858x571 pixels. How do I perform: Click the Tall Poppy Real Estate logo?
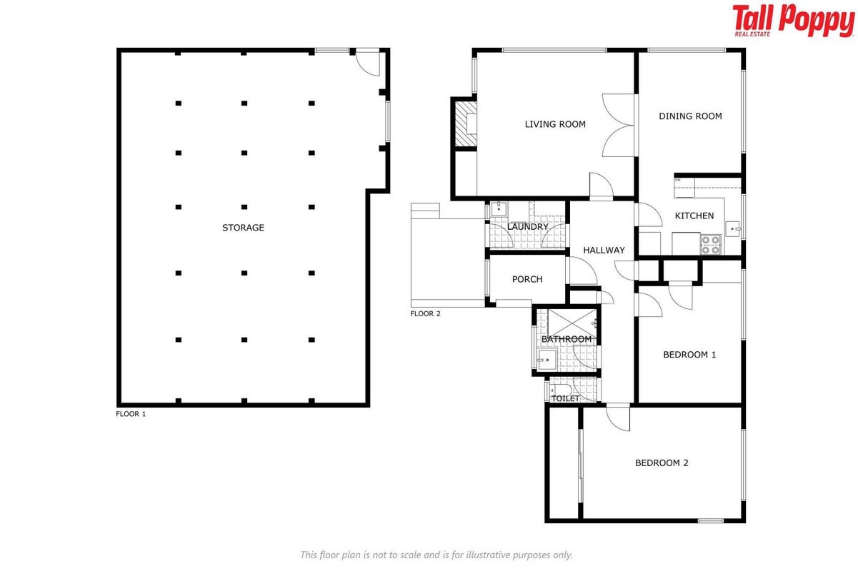793,21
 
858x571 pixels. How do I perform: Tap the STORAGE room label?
243,228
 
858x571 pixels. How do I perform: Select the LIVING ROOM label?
555,124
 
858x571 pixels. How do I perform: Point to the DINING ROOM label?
690,116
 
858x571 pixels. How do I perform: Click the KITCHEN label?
694,216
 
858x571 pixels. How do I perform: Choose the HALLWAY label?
604,251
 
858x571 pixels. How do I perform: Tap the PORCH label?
527,279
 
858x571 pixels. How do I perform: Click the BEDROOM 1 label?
689,355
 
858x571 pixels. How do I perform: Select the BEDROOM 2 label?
662,463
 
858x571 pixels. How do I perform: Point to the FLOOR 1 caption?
131,414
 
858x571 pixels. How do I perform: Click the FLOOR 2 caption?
425,314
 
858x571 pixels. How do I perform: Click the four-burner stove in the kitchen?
711,245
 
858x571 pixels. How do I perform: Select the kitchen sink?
733,229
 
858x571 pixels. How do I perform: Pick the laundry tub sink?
499,209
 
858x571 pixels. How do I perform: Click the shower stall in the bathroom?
572,324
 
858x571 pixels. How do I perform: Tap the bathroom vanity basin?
547,360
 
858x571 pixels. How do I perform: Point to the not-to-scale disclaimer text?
437,555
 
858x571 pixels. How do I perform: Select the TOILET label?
565,399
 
